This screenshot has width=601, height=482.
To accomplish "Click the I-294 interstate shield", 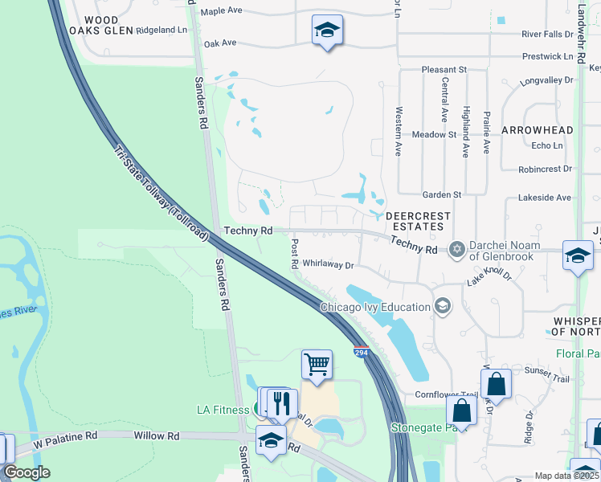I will tap(361, 352).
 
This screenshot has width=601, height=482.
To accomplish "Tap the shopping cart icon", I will tap(317, 364).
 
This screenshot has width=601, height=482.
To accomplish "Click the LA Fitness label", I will tap(223, 410).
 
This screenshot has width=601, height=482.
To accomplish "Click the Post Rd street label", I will tap(294, 253).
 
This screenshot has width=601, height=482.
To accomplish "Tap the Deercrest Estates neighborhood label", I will tap(415, 221).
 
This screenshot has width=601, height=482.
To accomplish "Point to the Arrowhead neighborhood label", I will tap(538, 130).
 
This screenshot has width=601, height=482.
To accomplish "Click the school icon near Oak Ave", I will tap(327, 31).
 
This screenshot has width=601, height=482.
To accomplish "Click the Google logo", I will tap(27, 472).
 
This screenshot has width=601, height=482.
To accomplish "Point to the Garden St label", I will tap(442, 194).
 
